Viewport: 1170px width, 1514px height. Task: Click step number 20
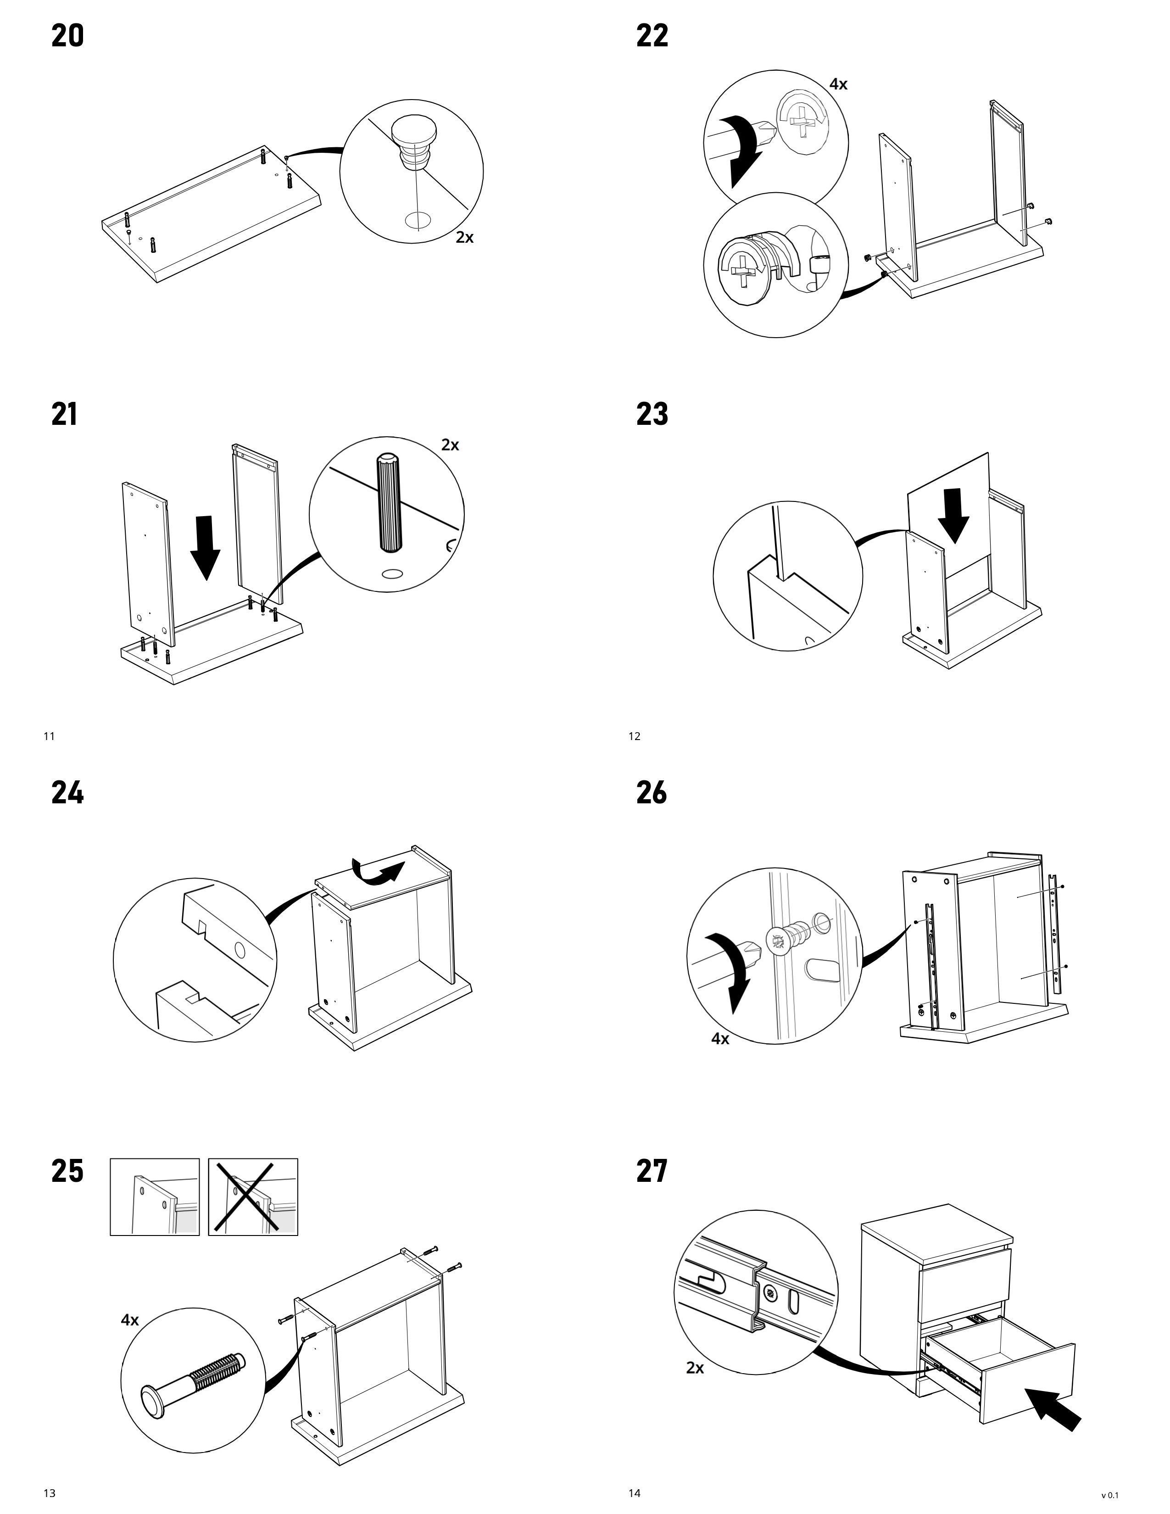click(67, 36)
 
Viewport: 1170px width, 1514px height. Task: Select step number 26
click(652, 792)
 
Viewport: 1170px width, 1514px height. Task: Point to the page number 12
click(634, 736)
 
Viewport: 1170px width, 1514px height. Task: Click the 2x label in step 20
click(464, 237)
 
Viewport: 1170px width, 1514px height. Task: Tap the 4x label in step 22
click(838, 84)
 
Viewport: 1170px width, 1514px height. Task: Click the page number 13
click(49, 1493)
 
